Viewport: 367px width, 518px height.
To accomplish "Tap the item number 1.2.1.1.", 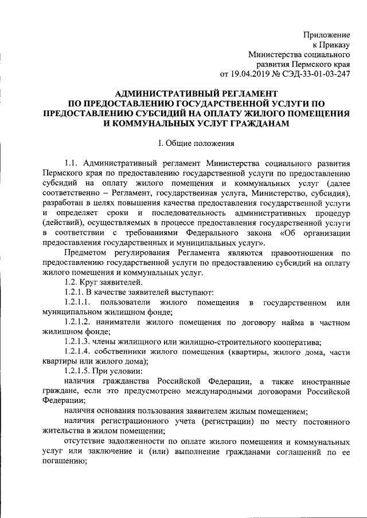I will (x=77, y=302).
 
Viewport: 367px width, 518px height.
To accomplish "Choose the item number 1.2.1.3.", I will (x=77, y=343).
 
